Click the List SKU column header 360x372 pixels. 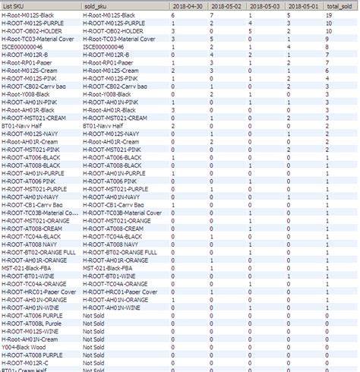18,5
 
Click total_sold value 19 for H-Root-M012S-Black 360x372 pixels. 329,14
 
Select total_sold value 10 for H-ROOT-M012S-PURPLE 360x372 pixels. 329,22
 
